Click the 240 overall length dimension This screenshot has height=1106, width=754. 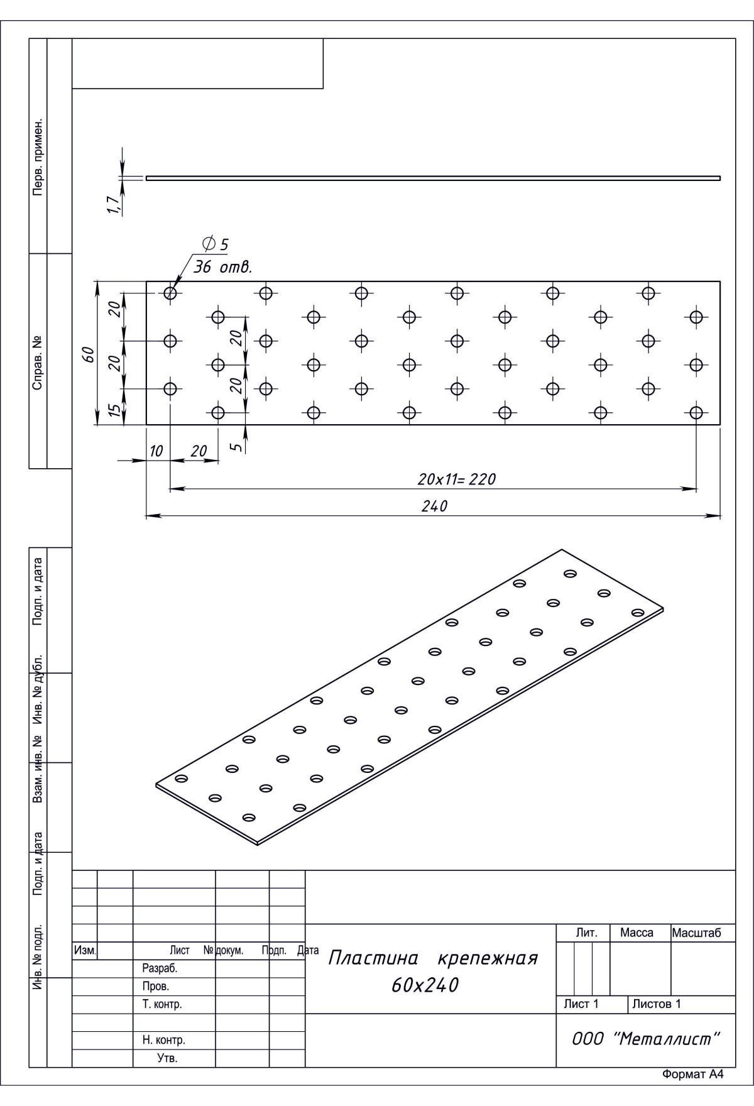pos(434,506)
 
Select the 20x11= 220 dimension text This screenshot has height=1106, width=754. pos(457,479)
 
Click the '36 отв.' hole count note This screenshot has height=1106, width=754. pos(222,267)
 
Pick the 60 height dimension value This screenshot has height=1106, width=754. pos(89,354)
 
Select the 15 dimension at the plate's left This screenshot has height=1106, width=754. pos(114,410)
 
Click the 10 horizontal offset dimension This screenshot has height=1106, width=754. pos(156,451)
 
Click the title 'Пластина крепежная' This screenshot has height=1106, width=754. pos(434,958)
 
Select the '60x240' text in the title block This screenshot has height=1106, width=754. pos(425,985)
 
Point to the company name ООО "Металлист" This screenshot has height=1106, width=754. pos(645,1039)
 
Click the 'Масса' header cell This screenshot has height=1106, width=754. pos(637,933)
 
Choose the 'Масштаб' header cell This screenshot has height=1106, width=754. pos(697,933)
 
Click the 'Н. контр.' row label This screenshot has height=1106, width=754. pos(164,1040)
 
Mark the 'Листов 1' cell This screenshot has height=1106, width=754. pos(657,1004)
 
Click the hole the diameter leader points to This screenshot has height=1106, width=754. pos(170,293)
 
